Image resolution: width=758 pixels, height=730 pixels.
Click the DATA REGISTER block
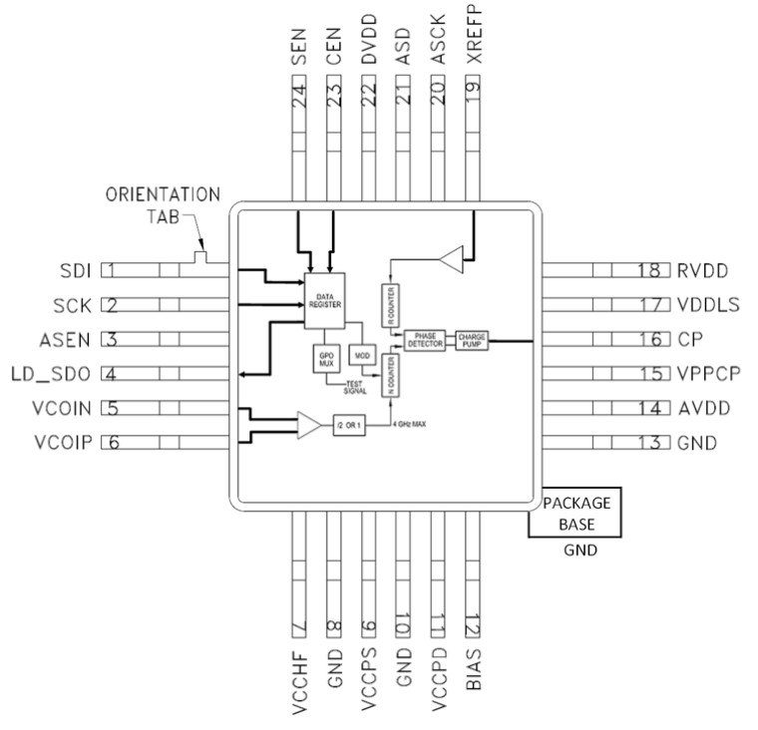click(323, 298)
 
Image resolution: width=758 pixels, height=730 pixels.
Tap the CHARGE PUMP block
click(470, 339)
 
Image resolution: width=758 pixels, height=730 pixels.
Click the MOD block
click(359, 355)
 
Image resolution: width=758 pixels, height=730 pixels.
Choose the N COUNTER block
click(389, 377)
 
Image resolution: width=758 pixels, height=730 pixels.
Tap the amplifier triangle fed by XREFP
click(454, 259)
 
